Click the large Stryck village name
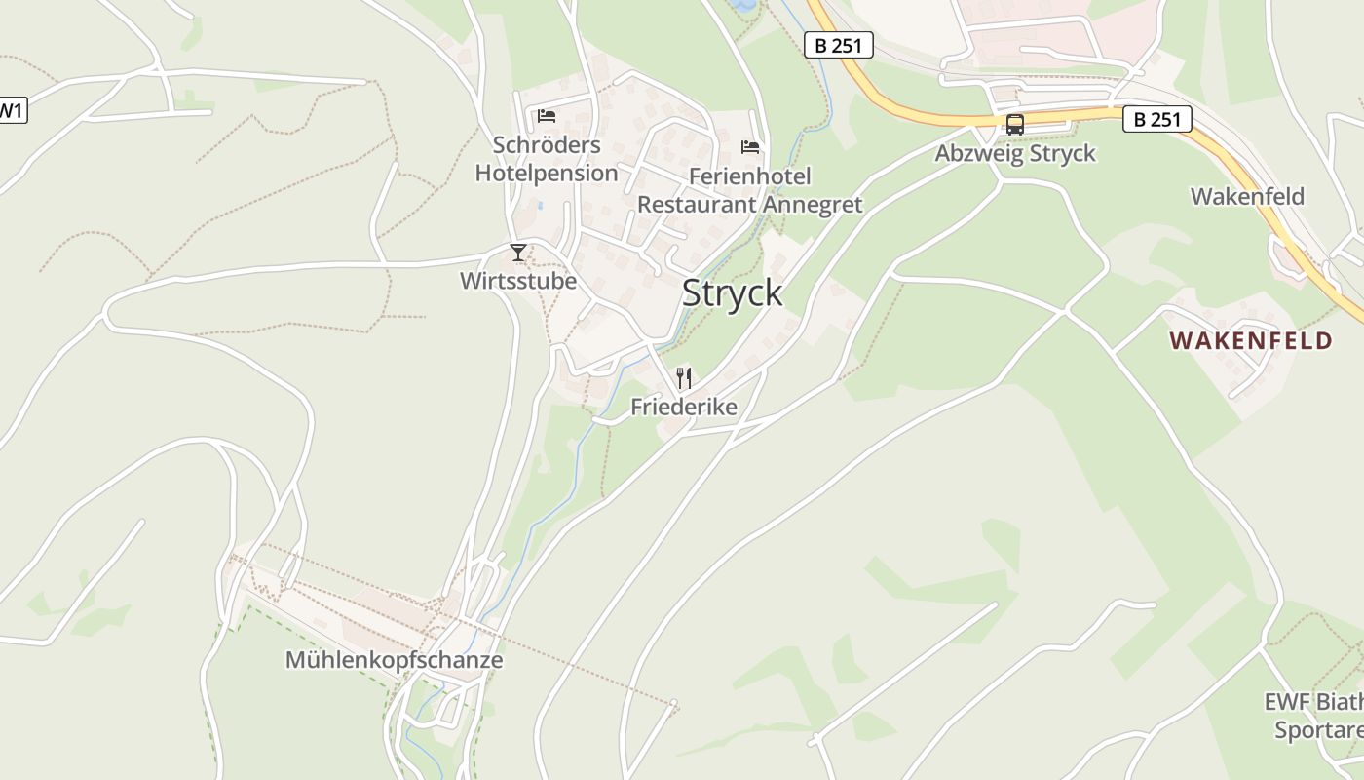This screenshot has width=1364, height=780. pos(732,292)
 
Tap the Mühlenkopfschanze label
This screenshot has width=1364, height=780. pos(394,660)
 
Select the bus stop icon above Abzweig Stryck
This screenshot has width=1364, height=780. pos(1015,125)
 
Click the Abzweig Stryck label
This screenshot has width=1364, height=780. pos(1015,154)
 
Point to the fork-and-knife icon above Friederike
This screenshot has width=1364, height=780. pos(684,378)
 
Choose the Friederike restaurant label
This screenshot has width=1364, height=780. pos(684,407)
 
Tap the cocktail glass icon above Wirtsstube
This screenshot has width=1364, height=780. pos(518,253)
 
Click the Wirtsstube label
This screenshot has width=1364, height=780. pos(518,281)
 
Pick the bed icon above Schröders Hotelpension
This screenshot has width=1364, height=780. pos(547,116)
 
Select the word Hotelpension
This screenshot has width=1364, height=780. pos(547,174)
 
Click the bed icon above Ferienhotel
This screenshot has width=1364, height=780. pos(750,147)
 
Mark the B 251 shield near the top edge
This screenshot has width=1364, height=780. pos(838,45)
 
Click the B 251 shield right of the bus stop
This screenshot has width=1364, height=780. pos(1157,120)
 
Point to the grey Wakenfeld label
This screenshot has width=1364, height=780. pos(1247,196)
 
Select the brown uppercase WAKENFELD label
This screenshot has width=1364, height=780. pos(1251,340)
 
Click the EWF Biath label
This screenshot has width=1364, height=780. pos(1313,702)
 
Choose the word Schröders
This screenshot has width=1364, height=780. pos(547,145)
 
